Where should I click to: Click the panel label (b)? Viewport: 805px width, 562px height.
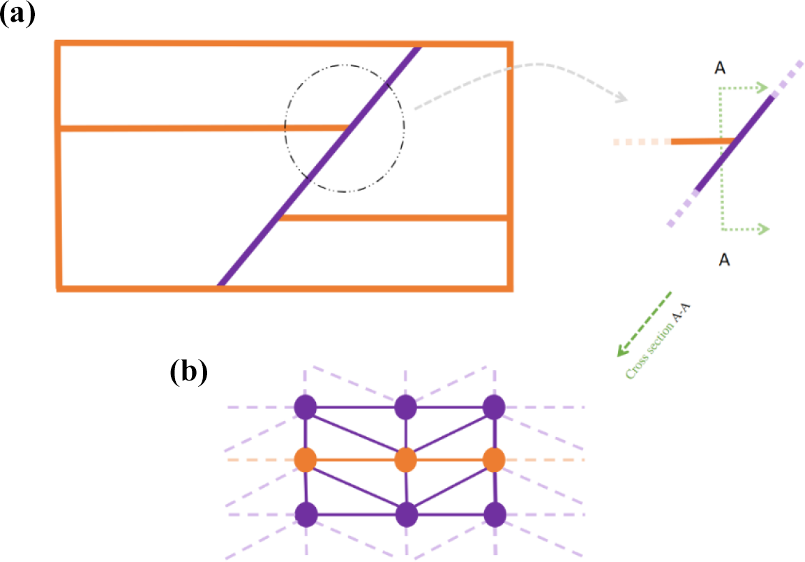click(188, 372)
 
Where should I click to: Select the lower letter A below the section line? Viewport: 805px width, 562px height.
click(724, 260)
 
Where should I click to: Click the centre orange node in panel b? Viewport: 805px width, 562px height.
click(406, 461)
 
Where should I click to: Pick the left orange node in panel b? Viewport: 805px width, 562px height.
click(306, 460)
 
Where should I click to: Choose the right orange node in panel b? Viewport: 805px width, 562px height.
click(494, 460)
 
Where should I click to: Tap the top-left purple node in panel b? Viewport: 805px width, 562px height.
click(306, 406)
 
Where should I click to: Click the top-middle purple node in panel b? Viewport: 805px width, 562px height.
click(406, 406)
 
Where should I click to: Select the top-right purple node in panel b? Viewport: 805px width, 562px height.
click(494, 406)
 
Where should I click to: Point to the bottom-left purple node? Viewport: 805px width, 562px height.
click(306, 515)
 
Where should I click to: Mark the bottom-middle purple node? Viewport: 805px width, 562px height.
click(406, 515)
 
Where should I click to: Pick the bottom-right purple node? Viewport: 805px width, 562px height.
click(494, 515)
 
